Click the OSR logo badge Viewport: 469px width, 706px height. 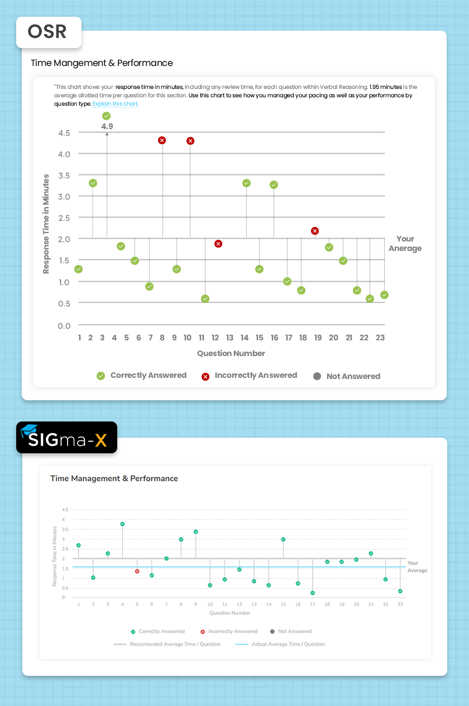pyautogui.click(x=48, y=32)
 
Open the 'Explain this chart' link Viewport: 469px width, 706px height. pyautogui.click(x=116, y=104)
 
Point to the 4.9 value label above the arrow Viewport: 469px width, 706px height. pyautogui.click(x=107, y=126)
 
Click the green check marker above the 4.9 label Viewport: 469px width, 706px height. pyautogui.click(x=107, y=116)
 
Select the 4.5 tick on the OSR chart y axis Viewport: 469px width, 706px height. pyautogui.click(x=64, y=133)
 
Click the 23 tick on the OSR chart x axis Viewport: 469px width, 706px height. pyautogui.click(x=380, y=338)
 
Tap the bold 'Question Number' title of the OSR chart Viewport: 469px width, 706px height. pyautogui.click(x=231, y=353)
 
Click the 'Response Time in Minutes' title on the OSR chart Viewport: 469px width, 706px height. pyautogui.click(x=46, y=224)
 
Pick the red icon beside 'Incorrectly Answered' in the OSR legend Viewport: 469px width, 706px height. pyautogui.click(x=205, y=376)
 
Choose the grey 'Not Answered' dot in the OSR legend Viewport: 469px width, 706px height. pyautogui.click(x=317, y=376)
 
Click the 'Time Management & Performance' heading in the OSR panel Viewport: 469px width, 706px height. pyautogui.click(x=102, y=63)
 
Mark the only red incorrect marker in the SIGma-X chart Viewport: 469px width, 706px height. pyautogui.click(x=137, y=571)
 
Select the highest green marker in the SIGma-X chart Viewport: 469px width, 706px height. pyautogui.click(x=122, y=524)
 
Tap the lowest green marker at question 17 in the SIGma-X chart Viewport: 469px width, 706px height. pyautogui.click(x=313, y=593)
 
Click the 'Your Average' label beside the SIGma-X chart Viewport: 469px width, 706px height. pyautogui.click(x=417, y=567)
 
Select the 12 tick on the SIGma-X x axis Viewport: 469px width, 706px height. pyautogui.click(x=239, y=605)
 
